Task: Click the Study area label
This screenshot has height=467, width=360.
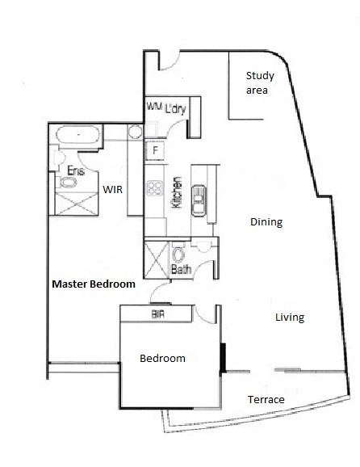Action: pos(260,83)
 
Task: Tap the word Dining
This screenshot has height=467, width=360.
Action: pos(266,221)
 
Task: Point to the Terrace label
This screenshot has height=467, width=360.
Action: pos(265,400)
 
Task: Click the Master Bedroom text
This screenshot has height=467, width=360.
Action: pos(93,284)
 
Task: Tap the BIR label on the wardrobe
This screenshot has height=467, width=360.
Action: pos(158,314)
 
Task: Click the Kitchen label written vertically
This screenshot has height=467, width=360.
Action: pos(178,194)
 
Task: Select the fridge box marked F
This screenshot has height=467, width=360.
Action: pos(154,151)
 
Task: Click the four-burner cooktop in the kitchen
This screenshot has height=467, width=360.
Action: pos(154,189)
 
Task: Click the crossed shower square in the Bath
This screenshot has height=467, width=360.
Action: pos(156,259)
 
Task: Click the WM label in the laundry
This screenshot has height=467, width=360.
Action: pos(154,107)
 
